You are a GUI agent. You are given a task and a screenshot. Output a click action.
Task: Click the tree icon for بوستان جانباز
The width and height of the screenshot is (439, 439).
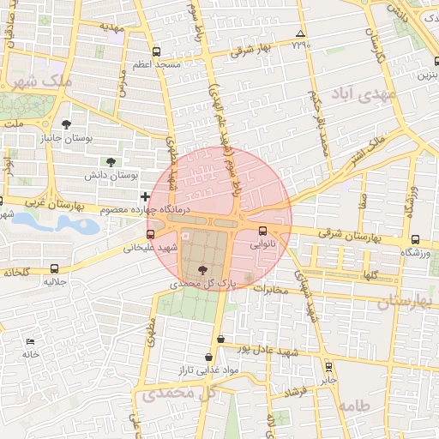(67, 124)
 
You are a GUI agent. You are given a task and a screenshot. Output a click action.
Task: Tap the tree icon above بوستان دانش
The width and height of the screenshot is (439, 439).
(111, 161)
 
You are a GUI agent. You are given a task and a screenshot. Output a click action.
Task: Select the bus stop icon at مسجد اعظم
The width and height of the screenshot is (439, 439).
(155, 51)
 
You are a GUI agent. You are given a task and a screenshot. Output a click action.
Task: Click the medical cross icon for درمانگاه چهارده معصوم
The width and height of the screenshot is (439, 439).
(144, 197)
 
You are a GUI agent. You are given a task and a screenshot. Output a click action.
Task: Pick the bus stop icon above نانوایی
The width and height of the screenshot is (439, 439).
(262, 230)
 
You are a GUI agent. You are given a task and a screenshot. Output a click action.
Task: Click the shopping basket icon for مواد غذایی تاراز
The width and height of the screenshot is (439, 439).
(208, 357)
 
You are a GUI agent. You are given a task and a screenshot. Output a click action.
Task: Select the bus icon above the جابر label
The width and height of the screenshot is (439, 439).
(328, 365)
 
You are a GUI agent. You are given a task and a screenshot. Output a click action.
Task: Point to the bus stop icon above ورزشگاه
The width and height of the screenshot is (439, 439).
(415, 240)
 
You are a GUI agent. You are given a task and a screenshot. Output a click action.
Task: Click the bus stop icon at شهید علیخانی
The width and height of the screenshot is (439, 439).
(151, 233)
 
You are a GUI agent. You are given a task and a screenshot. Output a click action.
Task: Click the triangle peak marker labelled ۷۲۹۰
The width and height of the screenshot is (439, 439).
(298, 34)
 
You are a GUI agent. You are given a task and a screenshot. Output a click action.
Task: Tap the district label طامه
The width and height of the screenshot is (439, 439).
(353, 405)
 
